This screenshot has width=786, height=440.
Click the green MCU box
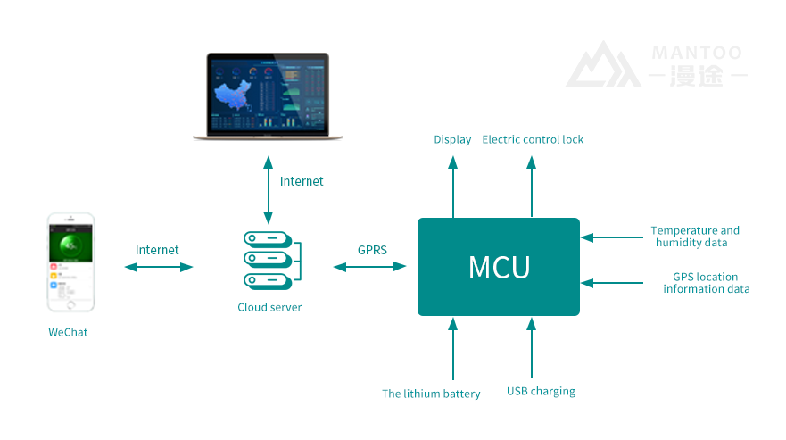[x=499, y=267]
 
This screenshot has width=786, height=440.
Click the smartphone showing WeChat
[x=70, y=262]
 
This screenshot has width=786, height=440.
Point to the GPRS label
[x=371, y=250]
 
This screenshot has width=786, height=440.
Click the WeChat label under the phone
[x=68, y=333]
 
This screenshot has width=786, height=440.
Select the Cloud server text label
[x=269, y=308]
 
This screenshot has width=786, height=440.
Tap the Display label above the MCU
[x=452, y=140]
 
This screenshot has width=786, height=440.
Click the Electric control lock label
[x=533, y=140]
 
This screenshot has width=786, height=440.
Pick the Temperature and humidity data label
[x=694, y=237]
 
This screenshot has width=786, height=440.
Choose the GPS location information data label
[x=706, y=283]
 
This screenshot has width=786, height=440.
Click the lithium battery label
[x=431, y=394]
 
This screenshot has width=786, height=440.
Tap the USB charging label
[x=541, y=392]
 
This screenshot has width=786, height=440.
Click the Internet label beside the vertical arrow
[x=302, y=181]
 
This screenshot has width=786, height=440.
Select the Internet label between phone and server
[x=157, y=250]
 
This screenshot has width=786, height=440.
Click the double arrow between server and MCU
[x=369, y=266]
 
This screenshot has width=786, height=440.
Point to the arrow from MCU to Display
[x=453, y=187]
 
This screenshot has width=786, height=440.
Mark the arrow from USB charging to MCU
[x=532, y=349]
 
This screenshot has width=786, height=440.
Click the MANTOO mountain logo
[x=603, y=66]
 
